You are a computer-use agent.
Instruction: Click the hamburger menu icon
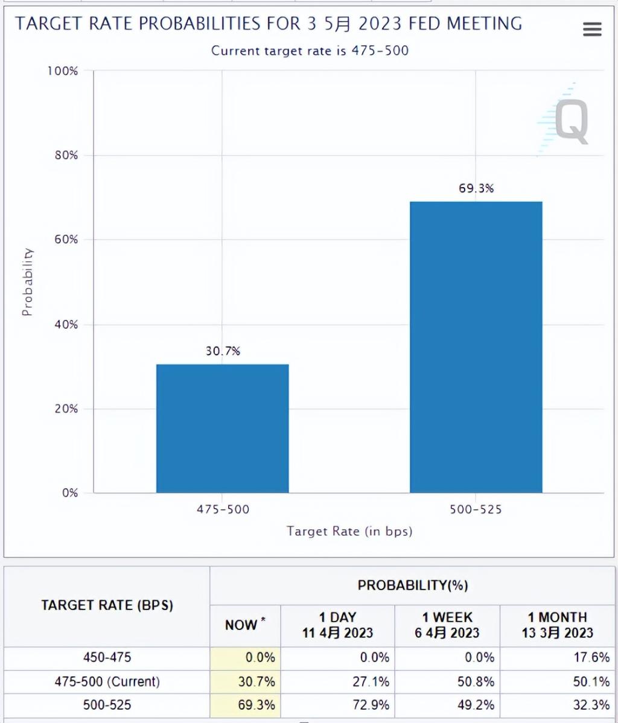pyautogui.click(x=592, y=29)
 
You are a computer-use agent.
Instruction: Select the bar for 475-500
pyautogui.click(x=222, y=428)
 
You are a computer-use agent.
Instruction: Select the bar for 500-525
pyautogui.click(x=476, y=347)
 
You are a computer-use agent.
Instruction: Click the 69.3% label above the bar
pyautogui.click(x=476, y=188)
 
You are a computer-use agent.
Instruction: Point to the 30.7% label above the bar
pyautogui.click(x=222, y=351)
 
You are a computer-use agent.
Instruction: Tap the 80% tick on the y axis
pyautogui.click(x=63, y=155)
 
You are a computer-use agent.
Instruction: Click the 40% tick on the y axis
pyautogui.click(x=63, y=325)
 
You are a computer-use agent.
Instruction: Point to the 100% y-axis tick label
pyautogui.click(x=62, y=71)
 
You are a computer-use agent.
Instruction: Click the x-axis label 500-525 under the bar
pyautogui.click(x=476, y=509)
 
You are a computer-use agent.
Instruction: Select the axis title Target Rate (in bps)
pyautogui.click(x=349, y=531)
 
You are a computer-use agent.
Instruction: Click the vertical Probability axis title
pyautogui.click(x=27, y=282)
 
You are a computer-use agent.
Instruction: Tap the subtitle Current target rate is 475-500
pyautogui.click(x=310, y=51)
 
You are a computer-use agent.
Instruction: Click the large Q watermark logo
pyautogui.click(x=570, y=121)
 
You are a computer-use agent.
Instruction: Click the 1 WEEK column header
pyautogui.click(x=447, y=625)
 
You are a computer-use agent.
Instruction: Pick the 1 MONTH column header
pyautogui.click(x=557, y=625)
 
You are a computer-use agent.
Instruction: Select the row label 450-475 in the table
pyautogui.click(x=107, y=657)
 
